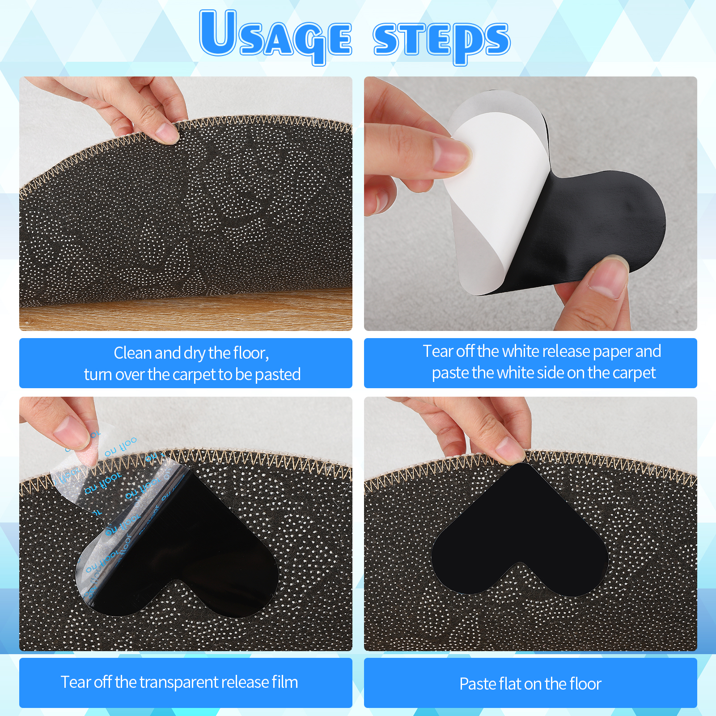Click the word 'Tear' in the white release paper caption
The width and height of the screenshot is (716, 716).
[x=438, y=352]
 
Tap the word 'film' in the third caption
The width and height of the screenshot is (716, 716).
[x=284, y=682]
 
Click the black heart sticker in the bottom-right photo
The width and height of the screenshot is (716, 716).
[x=519, y=528]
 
